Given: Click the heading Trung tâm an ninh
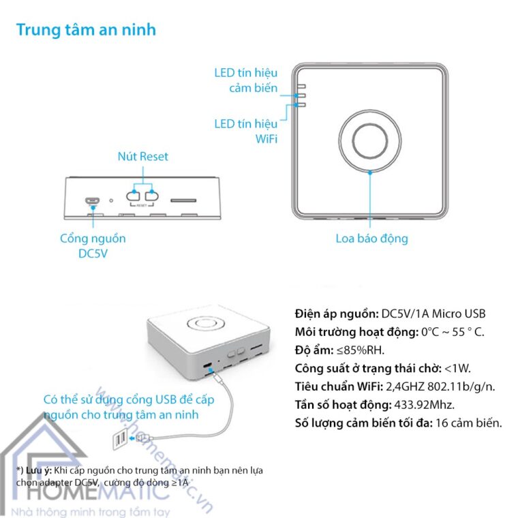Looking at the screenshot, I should [86, 30].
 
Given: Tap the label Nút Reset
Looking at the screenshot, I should [142, 156].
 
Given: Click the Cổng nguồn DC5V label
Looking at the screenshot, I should [93, 245].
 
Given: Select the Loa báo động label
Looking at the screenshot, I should [371, 238].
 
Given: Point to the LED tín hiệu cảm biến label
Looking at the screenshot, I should [246, 80].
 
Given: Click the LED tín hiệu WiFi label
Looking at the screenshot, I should [246, 130].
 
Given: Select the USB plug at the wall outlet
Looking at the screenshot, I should [143, 437].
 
